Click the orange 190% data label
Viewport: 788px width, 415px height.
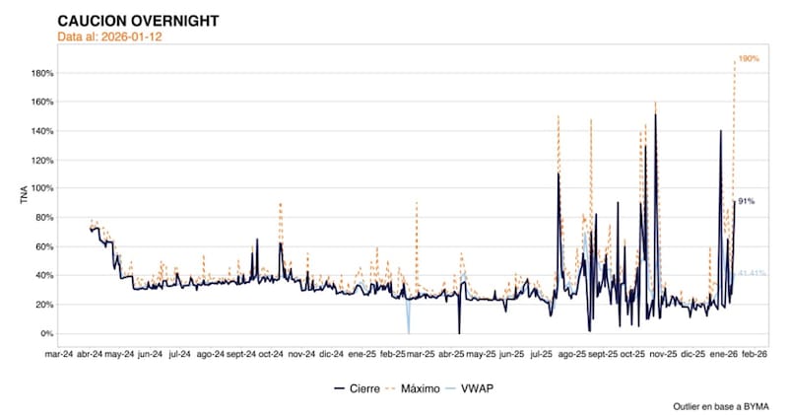(x=748, y=60)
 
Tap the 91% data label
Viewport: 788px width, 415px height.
(x=746, y=202)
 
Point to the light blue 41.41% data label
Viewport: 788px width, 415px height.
(x=752, y=271)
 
